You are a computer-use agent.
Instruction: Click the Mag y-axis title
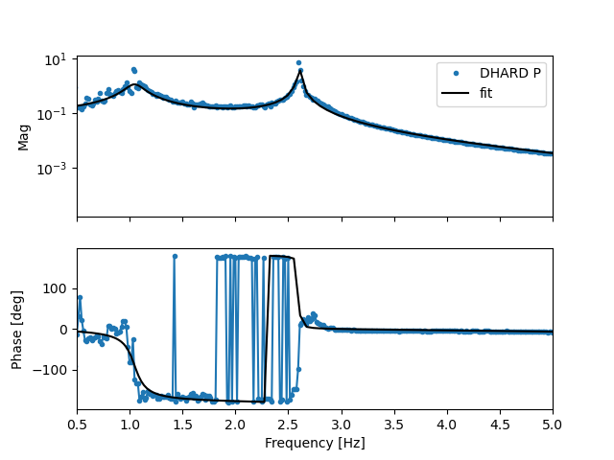click(23, 137)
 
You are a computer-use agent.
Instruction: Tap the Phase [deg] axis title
click(17, 330)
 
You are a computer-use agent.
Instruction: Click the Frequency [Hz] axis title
click(315, 444)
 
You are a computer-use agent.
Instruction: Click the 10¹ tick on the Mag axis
click(56, 58)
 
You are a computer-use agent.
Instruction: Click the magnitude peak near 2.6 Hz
click(299, 63)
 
